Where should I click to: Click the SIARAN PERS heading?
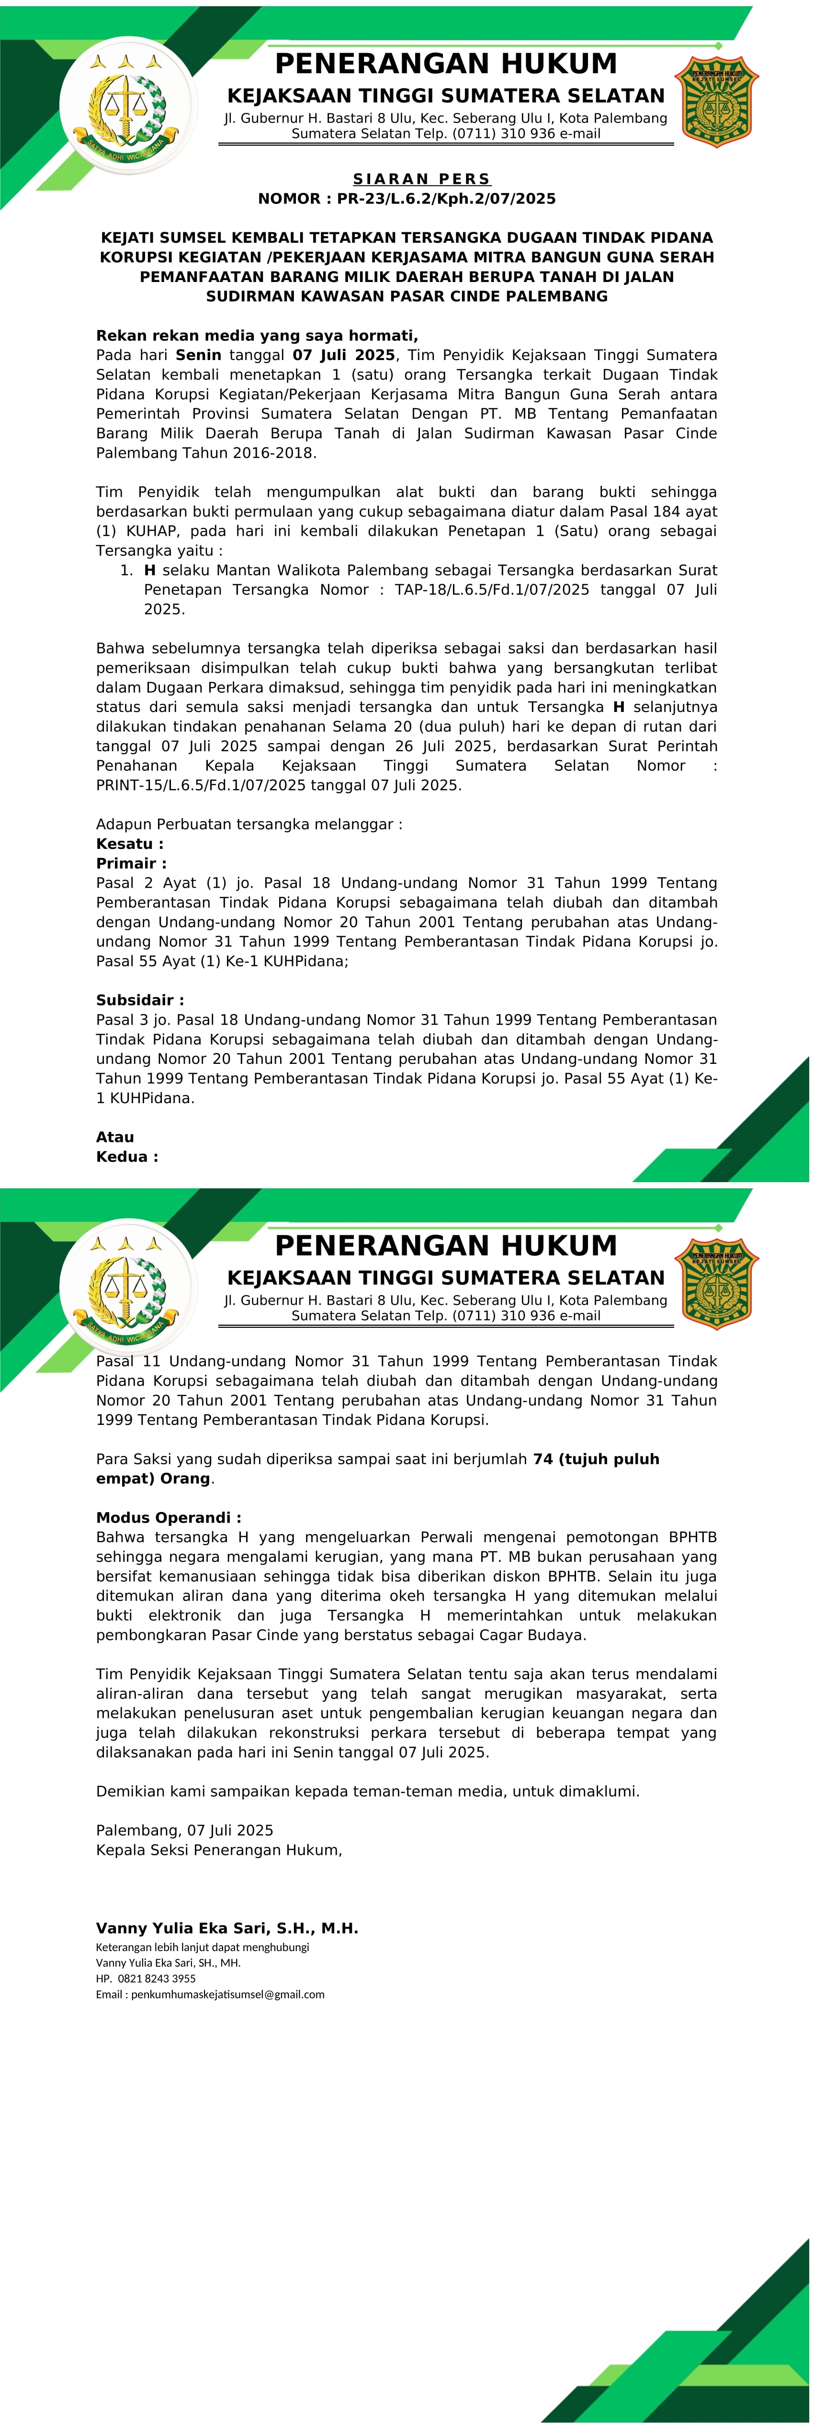[421, 179]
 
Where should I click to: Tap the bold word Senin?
[198, 355]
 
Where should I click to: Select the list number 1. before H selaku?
[126, 571]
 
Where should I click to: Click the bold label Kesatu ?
[130, 844]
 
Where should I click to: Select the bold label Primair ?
[131, 864]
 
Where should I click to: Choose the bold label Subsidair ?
[139, 1001]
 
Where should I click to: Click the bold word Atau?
[115, 1137]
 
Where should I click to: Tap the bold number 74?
[543, 1459]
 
